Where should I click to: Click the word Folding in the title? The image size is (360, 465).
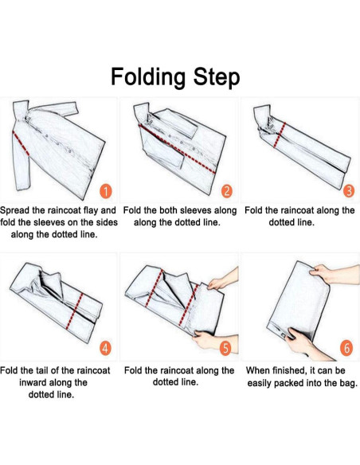148,77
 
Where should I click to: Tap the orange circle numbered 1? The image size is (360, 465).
106,191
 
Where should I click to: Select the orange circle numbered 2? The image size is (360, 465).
227,191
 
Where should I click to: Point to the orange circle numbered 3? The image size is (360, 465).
349,190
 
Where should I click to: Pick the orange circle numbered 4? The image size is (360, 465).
105,348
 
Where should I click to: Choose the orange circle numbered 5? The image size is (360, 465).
225,348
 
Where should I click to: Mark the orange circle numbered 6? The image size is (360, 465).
346,348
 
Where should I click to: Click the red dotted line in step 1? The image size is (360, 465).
21,143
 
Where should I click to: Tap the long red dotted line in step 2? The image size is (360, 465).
177,149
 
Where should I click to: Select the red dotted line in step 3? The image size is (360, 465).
280,135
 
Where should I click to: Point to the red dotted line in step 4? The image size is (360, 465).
74,311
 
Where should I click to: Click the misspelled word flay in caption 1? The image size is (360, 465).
91,210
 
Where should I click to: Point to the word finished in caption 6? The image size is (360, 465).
286,371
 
